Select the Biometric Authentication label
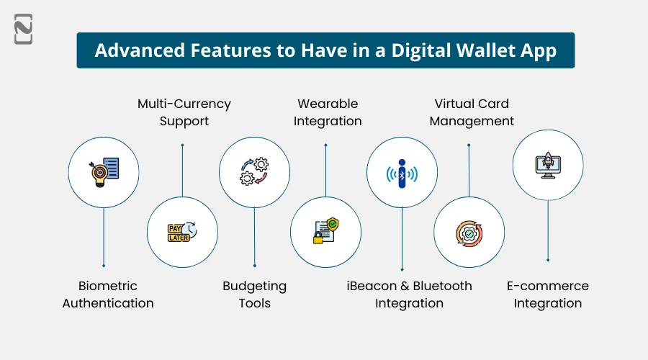(108, 294)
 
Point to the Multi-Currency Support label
(184, 112)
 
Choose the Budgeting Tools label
(254, 294)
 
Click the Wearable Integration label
(328, 112)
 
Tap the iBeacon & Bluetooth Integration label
(409, 294)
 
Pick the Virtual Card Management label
(472, 112)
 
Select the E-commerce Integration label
(547, 294)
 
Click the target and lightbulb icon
(104, 173)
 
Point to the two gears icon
(254, 172)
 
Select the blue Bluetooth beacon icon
(402, 173)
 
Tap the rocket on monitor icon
(548, 165)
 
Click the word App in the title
(539, 50)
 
